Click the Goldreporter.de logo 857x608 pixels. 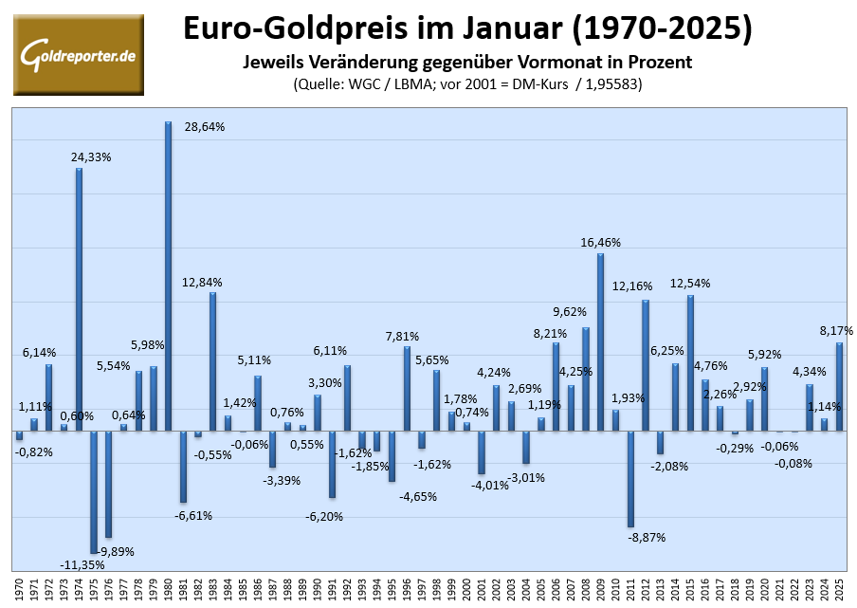point(79,55)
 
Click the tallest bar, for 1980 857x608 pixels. point(168,275)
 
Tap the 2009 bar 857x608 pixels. point(601,341)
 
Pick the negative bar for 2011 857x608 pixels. point(630,478)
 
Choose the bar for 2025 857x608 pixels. point(839,386)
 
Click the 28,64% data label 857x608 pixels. point(205,126)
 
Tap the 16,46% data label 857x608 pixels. point(601,242)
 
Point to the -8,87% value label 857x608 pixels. point(647,537)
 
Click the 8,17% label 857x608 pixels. point(836,331)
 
